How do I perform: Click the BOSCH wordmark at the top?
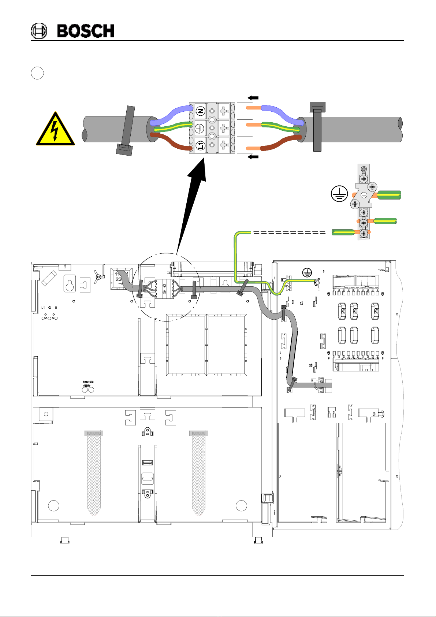click(x=86, y=31)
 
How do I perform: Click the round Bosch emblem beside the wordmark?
click(x=39, y=31)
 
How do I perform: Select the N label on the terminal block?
click(x=200, y=111)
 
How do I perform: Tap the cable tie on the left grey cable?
click(x=127, y=130)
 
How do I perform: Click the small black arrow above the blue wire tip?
click(x=253, y=98)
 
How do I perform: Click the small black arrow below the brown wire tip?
click(x=253, y=157)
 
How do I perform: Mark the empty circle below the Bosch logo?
click(x=37, y=73)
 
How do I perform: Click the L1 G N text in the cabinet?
click(x=49, y=308)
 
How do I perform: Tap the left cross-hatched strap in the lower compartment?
click(x=94, y=472)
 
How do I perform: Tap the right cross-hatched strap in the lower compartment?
click(x=198, y=472)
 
